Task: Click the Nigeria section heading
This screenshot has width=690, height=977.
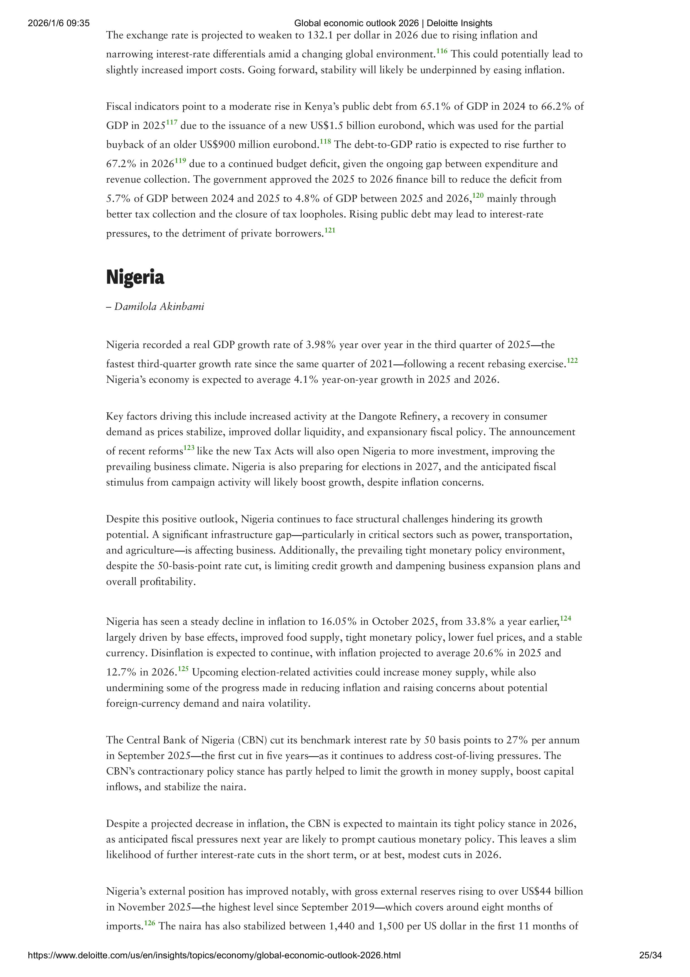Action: click(x=135, y=277)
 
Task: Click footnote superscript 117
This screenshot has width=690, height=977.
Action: click(x=171, y=123)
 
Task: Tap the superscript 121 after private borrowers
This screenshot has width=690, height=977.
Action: click(x=330, y=231)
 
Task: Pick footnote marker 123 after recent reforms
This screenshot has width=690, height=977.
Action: click(x=188, y=448)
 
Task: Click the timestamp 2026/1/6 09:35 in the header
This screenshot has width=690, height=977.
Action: click(x=59, y=23)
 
